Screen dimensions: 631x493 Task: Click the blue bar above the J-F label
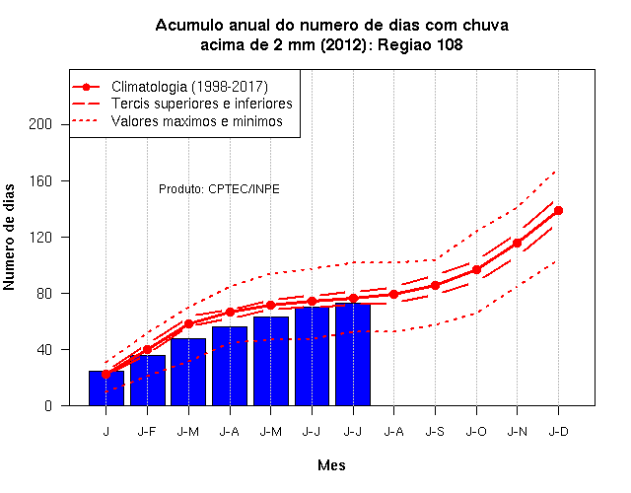[148, 381]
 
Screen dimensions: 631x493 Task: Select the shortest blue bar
[106, 388]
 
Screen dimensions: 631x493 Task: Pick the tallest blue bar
[353, 355]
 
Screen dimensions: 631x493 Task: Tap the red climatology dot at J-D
[558, 210]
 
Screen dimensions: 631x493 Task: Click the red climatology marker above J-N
[517, 243]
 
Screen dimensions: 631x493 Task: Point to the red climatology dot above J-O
[476, 269]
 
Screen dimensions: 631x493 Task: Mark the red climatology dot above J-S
[435, 285]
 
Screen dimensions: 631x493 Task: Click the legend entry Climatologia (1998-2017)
[189, 87]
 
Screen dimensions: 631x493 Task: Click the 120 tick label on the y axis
[40, 237]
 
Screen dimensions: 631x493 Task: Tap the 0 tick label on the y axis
[48, 405]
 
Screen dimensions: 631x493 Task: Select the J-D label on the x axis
[559, 432]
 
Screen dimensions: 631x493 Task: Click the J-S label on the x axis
[435, 432]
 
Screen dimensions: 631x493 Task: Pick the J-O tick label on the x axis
[476, 432]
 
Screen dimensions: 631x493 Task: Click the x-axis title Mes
[331, 465]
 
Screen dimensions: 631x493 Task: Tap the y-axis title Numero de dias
[9, 237]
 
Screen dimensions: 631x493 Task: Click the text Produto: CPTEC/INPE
[219, 188]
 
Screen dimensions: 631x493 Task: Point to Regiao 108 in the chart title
[420, 44]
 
